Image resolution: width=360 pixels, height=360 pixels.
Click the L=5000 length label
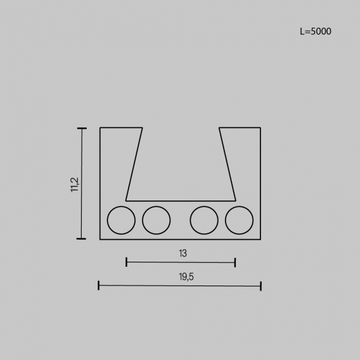(x=316, y=32)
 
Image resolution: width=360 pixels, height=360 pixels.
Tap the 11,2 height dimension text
(x=75, y=185)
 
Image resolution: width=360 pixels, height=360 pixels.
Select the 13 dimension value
(x=183, y=253)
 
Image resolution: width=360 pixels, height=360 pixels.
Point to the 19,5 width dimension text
(x=186, y=276)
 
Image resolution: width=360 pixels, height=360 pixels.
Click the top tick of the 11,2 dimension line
(x=82, y=129)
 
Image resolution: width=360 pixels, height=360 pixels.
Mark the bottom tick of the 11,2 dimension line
(x=81, y=239)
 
